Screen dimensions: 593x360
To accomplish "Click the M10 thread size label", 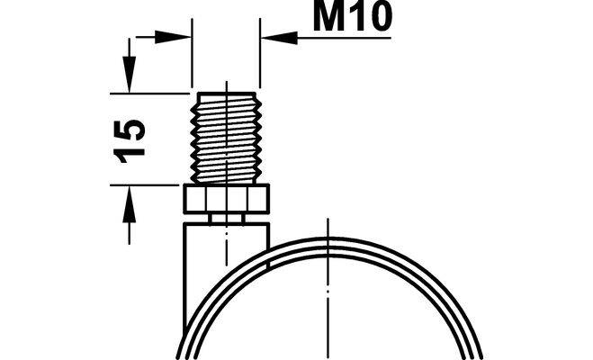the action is point(353,16).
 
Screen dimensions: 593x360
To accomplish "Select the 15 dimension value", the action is point(129,141).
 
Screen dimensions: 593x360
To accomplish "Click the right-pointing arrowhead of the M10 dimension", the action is point(173,37).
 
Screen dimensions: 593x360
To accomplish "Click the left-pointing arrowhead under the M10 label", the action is point(280,38).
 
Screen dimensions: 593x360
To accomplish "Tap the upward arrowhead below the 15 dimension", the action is point(129,204).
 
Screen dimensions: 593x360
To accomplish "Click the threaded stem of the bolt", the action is point(227,138).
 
